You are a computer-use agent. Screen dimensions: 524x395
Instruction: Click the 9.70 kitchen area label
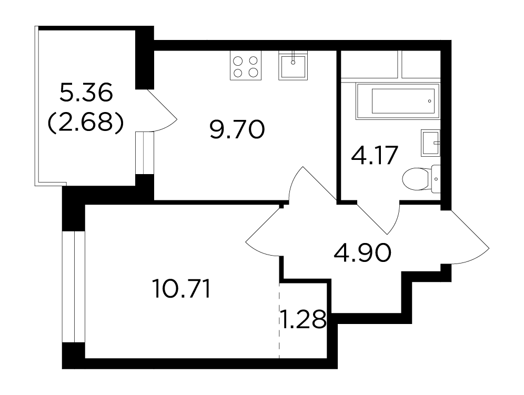coord(237,129)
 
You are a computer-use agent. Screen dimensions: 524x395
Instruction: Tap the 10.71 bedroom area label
coord(181,289)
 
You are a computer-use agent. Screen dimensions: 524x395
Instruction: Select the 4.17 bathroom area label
coord(374,155)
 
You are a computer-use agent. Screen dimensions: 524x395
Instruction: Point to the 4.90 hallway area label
coord(362,252)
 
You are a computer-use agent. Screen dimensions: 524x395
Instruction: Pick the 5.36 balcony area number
coord(86,93)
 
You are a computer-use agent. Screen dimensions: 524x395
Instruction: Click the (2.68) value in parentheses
coord(86,123)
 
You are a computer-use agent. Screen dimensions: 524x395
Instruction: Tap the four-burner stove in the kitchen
coord(246,66)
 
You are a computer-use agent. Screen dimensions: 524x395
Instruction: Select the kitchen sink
coord(293,66)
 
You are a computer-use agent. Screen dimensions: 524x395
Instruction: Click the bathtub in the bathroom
coord(398,100)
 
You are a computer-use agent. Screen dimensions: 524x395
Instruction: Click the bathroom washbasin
coord(430,143)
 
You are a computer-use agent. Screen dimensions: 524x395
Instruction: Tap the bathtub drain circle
coord(429,101)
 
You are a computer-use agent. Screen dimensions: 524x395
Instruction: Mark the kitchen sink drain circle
coord(293,62)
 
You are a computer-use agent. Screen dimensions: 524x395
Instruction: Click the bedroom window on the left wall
coord(74,287)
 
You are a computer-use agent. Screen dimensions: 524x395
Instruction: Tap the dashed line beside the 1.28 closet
coord(279,321)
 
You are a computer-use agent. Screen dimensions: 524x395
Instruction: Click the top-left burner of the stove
coord(238,61)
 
